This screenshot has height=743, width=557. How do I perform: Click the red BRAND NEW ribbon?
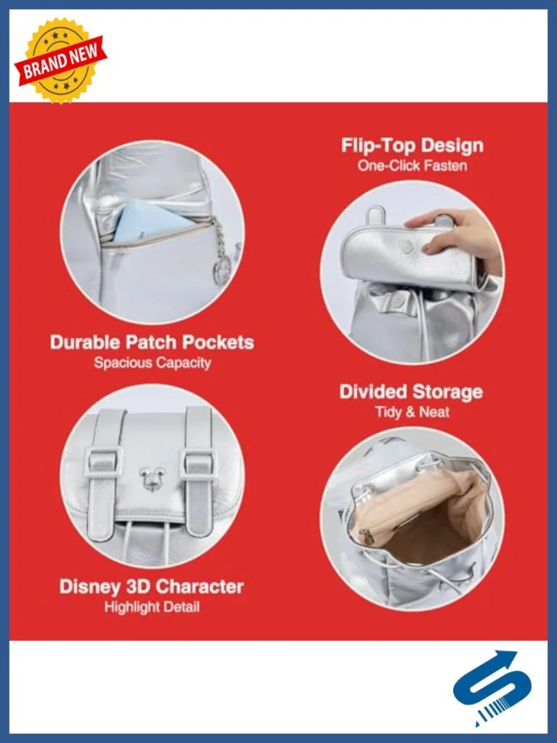pyautogui.click(x=61, y=62)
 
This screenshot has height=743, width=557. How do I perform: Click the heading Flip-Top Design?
pyautogui.click(x=412, y=145)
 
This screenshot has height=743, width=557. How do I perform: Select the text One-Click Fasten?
pyautogui.click(x=412, y=166)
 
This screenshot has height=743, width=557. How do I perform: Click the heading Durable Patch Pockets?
pyautogui.click(x=152, y=342)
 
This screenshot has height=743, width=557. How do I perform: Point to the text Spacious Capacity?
pyautogui.click(x=152, y=363)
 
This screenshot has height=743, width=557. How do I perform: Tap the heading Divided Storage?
pyautogui.click(x=411, y=392)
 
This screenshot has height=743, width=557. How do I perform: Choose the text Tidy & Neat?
pyautogui.click(x=412, y=412)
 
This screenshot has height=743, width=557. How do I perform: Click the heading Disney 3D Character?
pyautogui.click(x=152, y=586)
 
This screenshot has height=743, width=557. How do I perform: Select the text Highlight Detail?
pyautogui.click(x=152, y=607)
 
